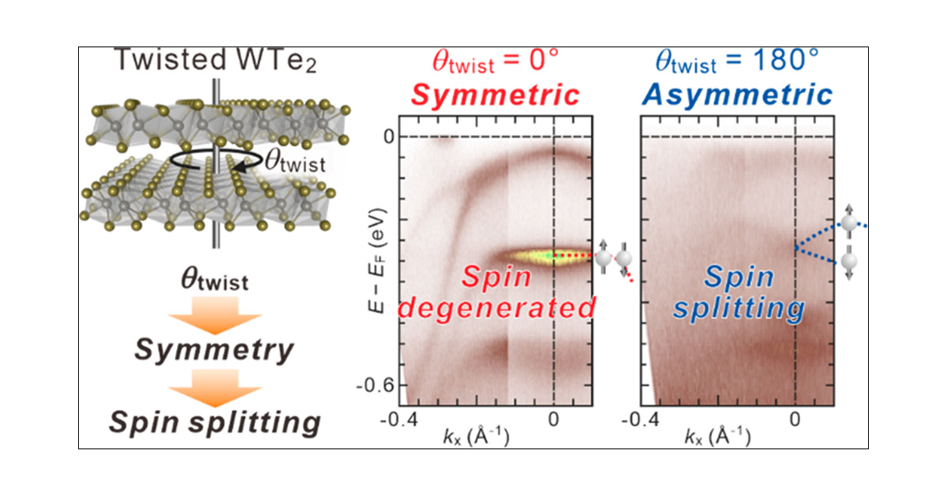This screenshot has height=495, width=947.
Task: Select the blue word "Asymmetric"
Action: (x=737, y=95)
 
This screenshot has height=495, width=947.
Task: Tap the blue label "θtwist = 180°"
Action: (x=737, y=61)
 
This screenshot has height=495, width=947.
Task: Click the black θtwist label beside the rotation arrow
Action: (x=294, y=164)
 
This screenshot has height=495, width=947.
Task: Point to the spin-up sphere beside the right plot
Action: (x=849, y=224)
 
